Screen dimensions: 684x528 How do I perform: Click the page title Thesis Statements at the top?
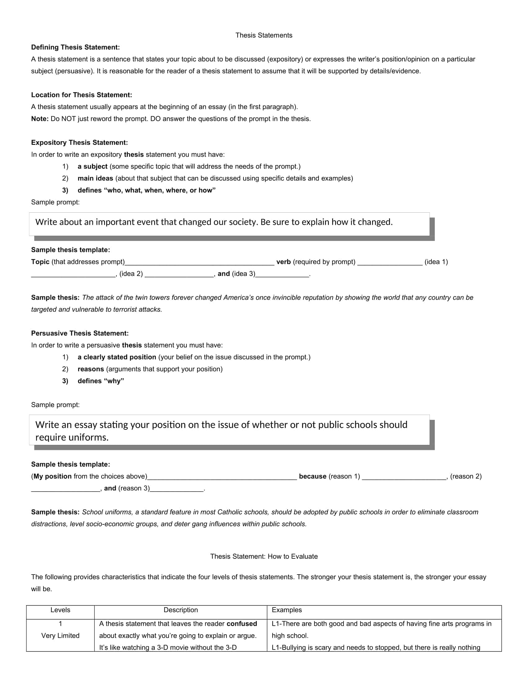pos(264,35)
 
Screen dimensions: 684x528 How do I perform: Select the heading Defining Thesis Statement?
pos(75,47)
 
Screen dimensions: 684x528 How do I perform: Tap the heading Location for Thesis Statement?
pos(81,95)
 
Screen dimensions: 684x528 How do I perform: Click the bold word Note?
pos(40,119)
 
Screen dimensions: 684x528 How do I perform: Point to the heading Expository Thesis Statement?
pos(80,142)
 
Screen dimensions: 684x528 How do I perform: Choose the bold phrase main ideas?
pos(95,178)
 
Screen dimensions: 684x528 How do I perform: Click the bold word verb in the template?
pos(283,262)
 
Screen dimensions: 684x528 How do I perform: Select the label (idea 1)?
pos(436,262)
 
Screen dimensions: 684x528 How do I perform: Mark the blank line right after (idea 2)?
pos(179,274)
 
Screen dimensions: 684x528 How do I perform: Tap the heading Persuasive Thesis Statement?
pos(80,333)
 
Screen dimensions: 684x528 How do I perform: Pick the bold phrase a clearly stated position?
pos(117,357)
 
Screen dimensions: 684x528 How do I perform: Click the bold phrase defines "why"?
pos(101,381)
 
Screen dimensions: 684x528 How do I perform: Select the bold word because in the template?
pos(312,476)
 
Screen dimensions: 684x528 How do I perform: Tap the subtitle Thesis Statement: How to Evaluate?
pos(264,556)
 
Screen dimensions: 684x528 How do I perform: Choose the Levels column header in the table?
pos(60,610)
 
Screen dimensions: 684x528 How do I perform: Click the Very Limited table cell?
pos(60,635)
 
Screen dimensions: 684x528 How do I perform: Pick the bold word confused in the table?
pos(242,624)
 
